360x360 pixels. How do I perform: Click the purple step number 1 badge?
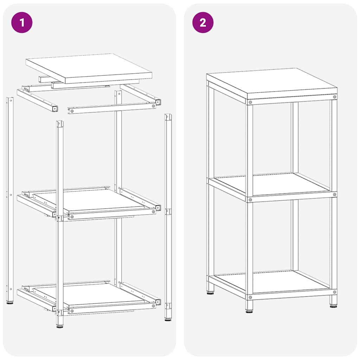click(22, 22)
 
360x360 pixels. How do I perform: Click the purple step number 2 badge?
click(203, 22)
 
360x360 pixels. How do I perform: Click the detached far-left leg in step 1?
click(10, 197)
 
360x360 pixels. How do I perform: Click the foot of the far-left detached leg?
click(10, 302)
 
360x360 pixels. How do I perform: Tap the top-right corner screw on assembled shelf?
click(334, 97)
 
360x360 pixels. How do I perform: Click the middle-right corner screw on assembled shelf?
click(334, 194)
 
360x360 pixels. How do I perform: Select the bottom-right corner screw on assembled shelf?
click(334, 292)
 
